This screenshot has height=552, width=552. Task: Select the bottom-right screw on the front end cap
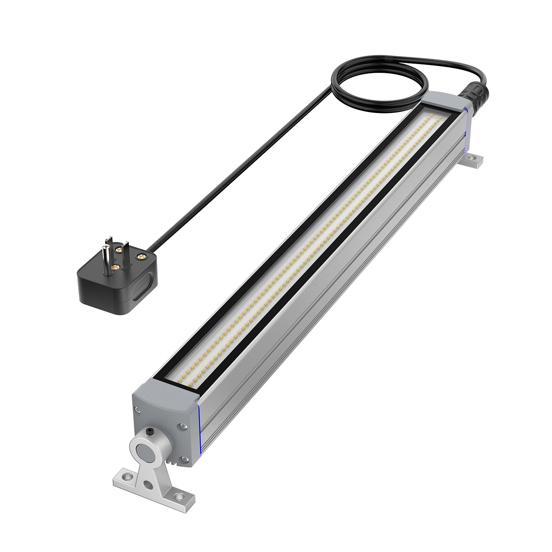[183, 459]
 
